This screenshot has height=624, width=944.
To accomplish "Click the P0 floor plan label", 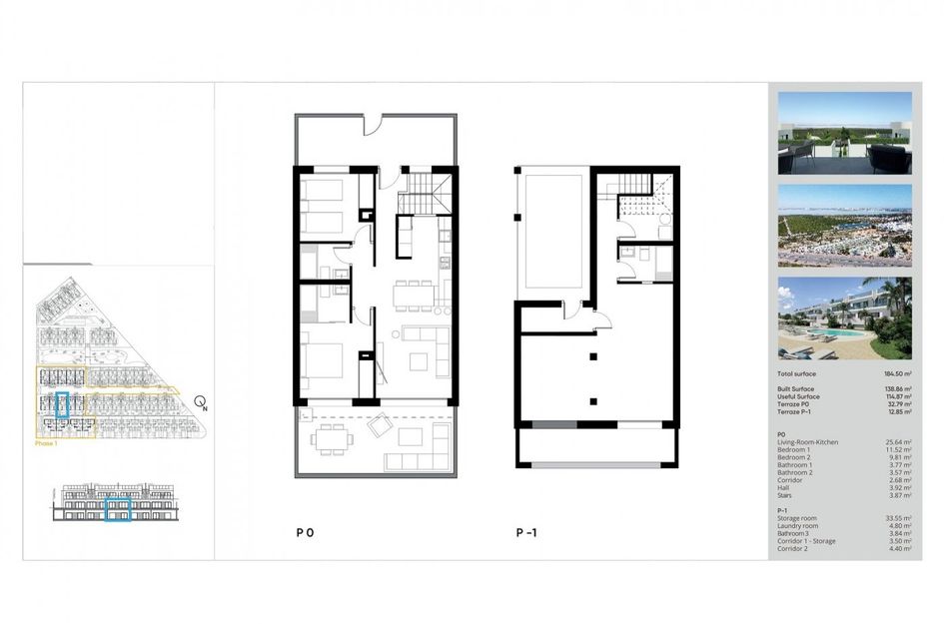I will pos(305,533).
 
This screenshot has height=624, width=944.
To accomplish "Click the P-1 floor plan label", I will pos(526,533).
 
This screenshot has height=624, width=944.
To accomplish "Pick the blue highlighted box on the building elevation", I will pos(119,510).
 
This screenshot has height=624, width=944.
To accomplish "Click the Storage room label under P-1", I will pos(797,518).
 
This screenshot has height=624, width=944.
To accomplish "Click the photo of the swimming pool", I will pos(844,318).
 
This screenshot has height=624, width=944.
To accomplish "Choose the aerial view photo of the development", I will pos(844,226).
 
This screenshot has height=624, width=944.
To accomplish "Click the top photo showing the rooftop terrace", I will pos(844,133).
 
